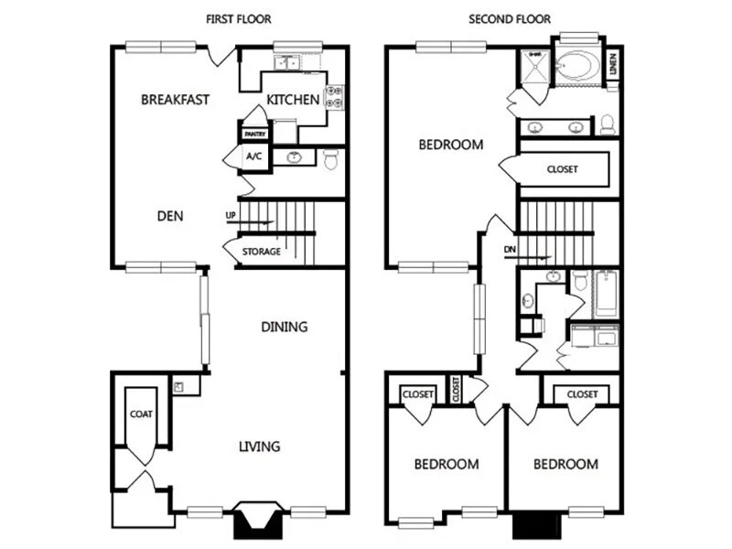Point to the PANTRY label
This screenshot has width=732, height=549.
click(x=253, y=135)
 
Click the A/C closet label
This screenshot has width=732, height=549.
click(x=253, y=156)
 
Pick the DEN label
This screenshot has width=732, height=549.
click(x=170, y=217)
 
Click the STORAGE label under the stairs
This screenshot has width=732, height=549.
click(x=262, y=252)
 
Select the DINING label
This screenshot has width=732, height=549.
click(x=284, y=327)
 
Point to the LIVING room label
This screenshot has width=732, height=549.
click(x=260, y=447)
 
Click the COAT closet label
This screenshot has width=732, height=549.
click(x=141, y=414)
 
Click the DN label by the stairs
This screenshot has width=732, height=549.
click(x=510, y=249)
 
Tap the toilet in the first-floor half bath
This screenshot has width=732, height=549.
click(x=330, y=157)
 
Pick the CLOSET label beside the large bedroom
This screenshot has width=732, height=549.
click(x=563, y=169)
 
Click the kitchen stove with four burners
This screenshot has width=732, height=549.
click(x=335, y=98)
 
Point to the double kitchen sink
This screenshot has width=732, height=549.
click(x=289, y=62)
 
